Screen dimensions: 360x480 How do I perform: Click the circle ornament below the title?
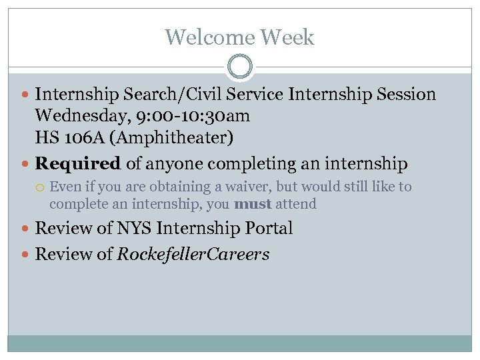(x=240, y=67)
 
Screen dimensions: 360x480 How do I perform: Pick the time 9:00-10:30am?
(x=194, y=116)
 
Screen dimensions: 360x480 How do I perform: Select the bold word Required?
(x=77, y=163)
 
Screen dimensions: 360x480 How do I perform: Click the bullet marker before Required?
(x=26, y=163)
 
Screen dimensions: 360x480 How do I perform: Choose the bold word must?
(x=253, y=204)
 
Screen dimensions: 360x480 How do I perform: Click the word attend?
(x=296, y=204)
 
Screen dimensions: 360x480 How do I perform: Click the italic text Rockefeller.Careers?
(x=193, y=254)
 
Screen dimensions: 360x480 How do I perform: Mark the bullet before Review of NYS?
(x=26, y=229)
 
